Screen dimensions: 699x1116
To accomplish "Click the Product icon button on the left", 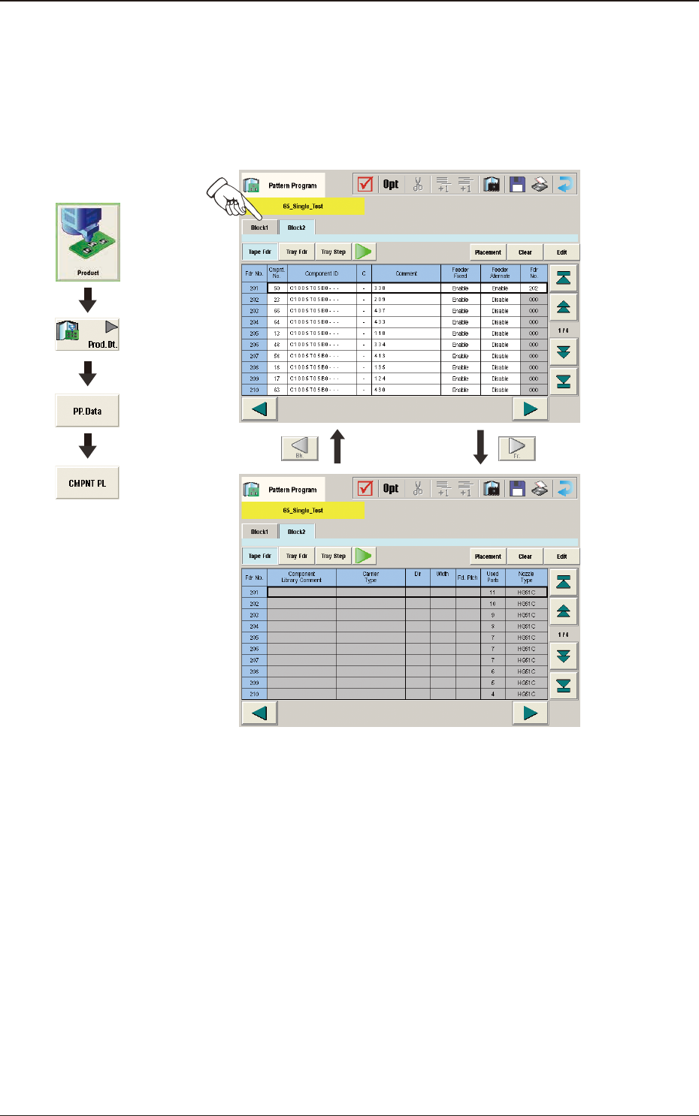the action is (x=88, y=242).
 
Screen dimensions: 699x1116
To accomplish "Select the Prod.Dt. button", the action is (x=88, y=335).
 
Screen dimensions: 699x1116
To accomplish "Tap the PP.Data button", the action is (x=87, y=411).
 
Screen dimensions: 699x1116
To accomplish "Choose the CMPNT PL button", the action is (x=87, y=483).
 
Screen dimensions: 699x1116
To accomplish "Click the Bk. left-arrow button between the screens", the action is (x=299, y=448).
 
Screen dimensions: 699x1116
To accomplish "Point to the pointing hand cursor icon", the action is (x=228, y=195).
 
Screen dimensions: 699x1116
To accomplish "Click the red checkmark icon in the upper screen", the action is (x=365, y=184).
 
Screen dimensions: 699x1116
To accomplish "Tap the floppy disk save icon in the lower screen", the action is (x=517, y=488).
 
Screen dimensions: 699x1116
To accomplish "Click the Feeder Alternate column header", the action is (x=500, y=273).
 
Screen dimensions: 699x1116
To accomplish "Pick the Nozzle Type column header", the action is (x=526, y=577).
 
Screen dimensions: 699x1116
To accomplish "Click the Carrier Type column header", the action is (x=371, y=577).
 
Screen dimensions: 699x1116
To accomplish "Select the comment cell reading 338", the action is (x=406, y=288).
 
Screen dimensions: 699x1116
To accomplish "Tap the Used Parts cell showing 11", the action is (x=492, y=593).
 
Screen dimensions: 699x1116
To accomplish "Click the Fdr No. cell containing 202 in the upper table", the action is (x=254, y=300).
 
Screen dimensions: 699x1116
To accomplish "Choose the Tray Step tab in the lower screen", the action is (x=333, y=556).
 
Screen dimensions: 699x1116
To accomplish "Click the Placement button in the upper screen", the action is (x=488, y=252).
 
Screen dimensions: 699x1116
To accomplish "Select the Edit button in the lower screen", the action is (x=561, y=556).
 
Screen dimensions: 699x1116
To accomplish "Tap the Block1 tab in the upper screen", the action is (x=259, y=228).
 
